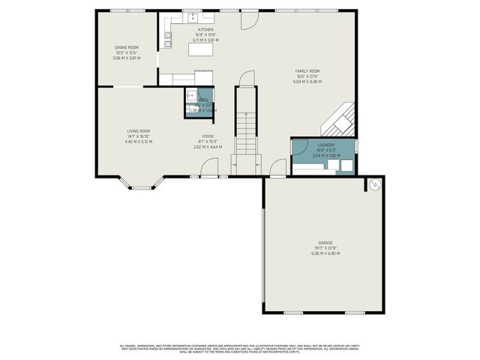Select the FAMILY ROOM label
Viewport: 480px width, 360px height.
point(307,71)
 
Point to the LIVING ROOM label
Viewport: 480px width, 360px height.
point(138,131)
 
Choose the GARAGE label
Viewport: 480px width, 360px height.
point(325,244)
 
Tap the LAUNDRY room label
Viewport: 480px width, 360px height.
point(326,145)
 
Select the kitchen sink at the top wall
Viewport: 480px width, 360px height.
point(192,16)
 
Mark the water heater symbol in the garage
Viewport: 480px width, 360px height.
point(374,184)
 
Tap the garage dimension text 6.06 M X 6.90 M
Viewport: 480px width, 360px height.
point(325,253)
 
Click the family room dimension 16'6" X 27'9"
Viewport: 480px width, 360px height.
point(307,76)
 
